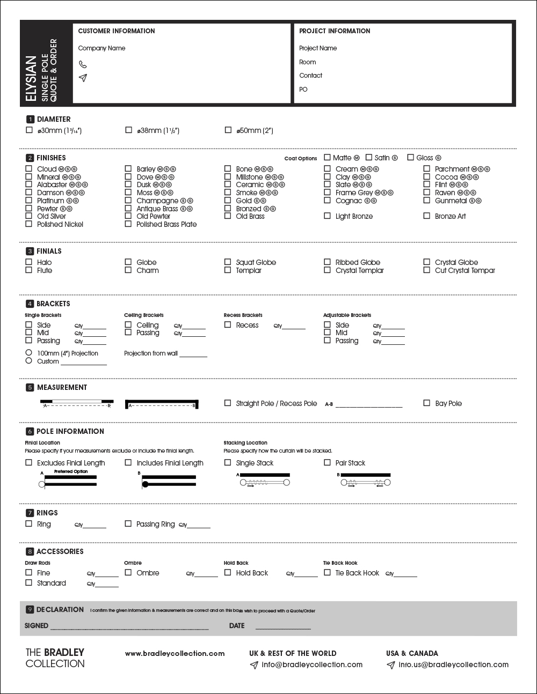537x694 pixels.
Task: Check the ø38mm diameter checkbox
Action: pyautogui.click(x=128, y=130)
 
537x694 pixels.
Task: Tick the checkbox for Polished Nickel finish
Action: pyautogui.click(x=29, y=224)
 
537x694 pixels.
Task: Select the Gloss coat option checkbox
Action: pyautogui.click(x=411, y=158)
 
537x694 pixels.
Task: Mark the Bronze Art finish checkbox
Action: pyautogui.click(x=426, y=216)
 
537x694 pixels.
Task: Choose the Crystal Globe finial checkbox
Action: pyautogui.click(x=426, y=262)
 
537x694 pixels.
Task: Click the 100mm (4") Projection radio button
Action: pyautogui.click(x=29, y=353)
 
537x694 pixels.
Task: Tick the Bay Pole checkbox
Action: pyautogui.click(x=426, y=403)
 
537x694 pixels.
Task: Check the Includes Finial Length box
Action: pyautogui.click(x=128, y=462)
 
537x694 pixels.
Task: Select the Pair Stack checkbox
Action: pyautogui.click(x=327, y=462)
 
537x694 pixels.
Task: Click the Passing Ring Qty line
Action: pyautogui.click(x=199, y=526)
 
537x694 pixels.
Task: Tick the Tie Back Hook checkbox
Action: pyautogui.click(x=327, y=572)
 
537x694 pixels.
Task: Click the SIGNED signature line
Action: pyautogui.click(x=129, y=627)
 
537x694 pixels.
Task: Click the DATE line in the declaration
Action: pyautogui.click(x=283, y=627)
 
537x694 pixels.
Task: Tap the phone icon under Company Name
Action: pyautogui.click(x=83, y=64)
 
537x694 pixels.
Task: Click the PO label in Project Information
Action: pyautogui.click(x=303, y=90)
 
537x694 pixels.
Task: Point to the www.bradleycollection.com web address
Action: pyautogui.click(x=175, y=653)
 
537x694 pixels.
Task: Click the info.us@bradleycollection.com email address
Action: pyautogui.click(x=453, y=665)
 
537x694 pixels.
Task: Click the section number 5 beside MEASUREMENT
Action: pyautogui.click(x=30, y=387)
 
